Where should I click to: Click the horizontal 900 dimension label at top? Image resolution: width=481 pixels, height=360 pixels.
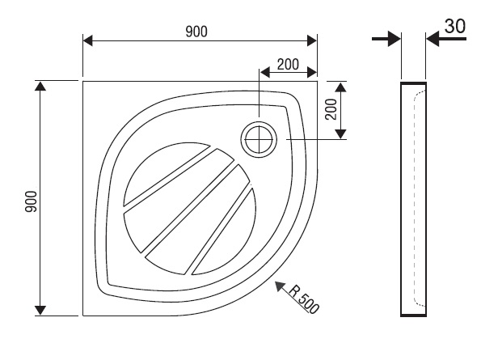(196, 32)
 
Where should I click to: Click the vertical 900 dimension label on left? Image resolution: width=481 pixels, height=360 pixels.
(31, 201)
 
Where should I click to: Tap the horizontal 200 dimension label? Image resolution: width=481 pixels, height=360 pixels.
(288, 65)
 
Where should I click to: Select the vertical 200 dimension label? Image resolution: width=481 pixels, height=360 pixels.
(331, 109)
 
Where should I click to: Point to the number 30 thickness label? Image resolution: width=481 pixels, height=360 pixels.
(455, 26)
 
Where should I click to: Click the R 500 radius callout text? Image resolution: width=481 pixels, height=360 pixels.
(304, 299)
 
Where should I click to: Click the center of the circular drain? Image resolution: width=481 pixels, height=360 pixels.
(259, 139)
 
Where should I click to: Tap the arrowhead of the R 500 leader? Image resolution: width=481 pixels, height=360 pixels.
(280, 286)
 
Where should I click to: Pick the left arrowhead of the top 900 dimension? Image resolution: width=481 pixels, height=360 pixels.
(88, 40)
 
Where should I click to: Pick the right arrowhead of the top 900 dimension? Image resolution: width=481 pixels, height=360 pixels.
(312, 40)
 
